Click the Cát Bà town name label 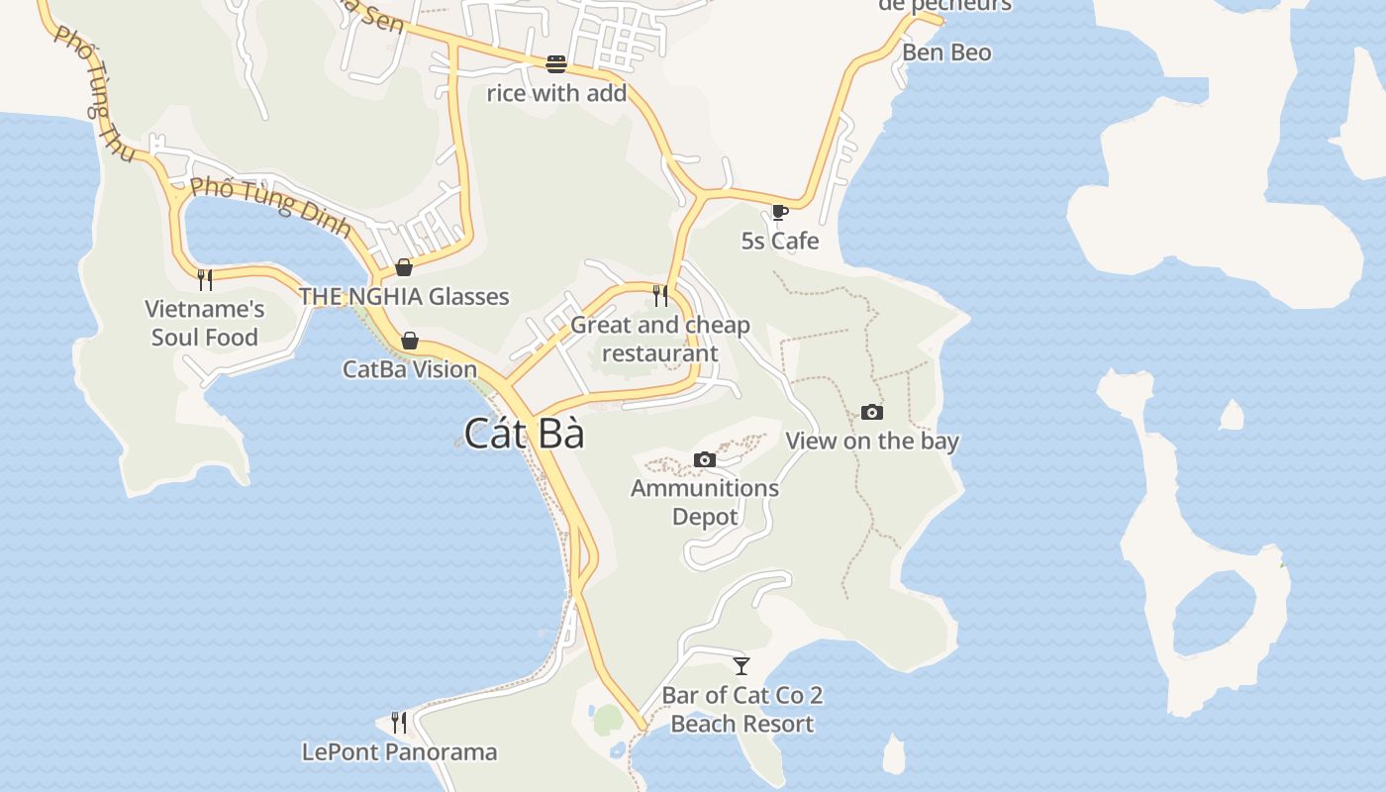click(x=524, y=434)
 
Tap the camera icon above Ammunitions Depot click(x=705, y=459)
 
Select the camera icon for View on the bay click(x=872, y=412)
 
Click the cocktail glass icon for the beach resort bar click(x=742, y=665)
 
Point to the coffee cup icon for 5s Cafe click(x=780, y=212)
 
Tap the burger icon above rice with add click(x=556, y=64)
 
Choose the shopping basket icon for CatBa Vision click(x=410, y=342)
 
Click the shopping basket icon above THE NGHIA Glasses click(x=404, y=267)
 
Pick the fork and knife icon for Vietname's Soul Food click(x=205, y=279)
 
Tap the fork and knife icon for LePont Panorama click(x=399, y=722)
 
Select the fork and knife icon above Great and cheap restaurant click(x=660, y=295)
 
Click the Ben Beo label click(x=946, y=52)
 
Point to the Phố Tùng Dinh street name click(x=270, y=206)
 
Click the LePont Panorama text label click(x=399, y=751)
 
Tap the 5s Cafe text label click(x=780, y=241)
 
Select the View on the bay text click(x=872, y=441)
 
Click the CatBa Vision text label click(x=410, y=369)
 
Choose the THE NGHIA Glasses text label click(x=404, y=296)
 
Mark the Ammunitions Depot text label click(x=705, y=502)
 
